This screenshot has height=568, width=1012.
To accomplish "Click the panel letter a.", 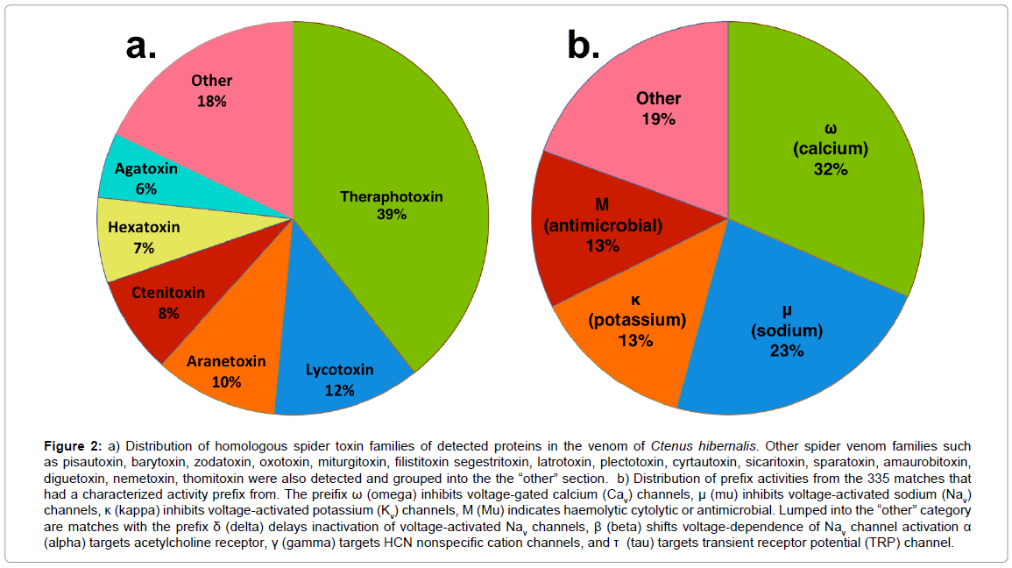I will (x=141, y=45).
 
